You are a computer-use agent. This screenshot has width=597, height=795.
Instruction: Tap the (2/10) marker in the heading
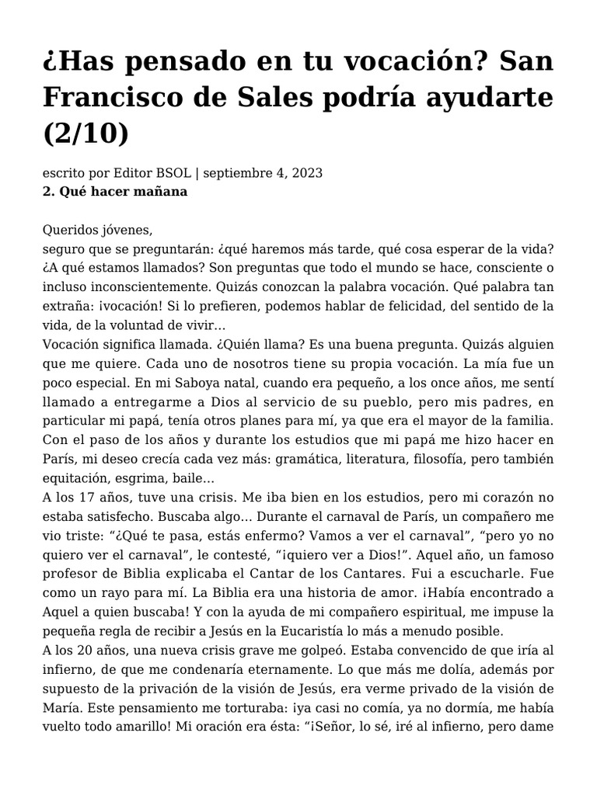point(86,133)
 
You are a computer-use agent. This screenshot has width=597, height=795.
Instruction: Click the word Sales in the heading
point(277,98)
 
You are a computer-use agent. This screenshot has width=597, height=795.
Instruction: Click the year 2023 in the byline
point(307,172)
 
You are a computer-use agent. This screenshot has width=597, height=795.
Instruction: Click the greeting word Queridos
point(72,230)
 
